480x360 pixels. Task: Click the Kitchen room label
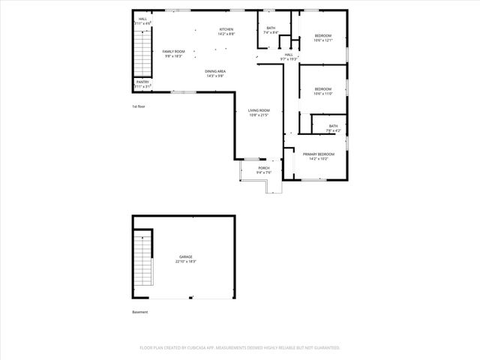pos(226,30)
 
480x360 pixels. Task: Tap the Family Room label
pos(174,51)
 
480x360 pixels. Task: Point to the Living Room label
pos(259,111)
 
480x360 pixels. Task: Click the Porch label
pos(264,168)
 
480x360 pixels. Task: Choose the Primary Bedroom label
pos(319,154)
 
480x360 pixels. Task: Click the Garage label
pos(185,256)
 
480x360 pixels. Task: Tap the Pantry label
pos(142,82)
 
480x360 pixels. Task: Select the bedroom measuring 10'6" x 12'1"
pos(323,36)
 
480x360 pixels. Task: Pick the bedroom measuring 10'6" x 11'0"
pos(323,89)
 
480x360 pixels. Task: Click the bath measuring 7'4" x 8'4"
pos(271,28)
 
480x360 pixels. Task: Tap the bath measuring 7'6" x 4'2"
pos(333,126)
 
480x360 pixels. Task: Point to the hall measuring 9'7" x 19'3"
pos(289,55)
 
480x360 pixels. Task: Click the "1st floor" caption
pos(138,106)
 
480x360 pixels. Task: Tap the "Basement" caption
pos(140,312)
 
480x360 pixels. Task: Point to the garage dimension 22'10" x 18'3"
pos(185,262)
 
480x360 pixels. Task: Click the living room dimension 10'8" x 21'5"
pos(259,115)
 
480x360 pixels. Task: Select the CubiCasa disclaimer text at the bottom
pos(240,348)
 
